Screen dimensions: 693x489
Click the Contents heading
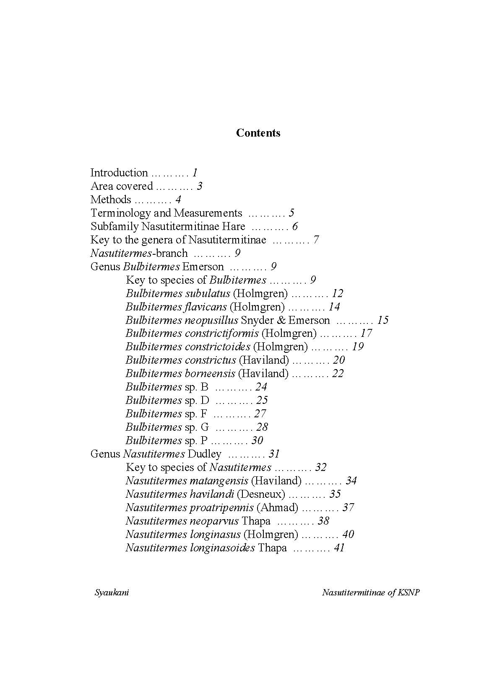[x=258, y=133]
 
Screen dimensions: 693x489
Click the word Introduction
[x=119, y=173]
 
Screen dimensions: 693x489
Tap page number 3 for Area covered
[x=200, y=186]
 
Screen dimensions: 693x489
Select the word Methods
[x=111, y=199]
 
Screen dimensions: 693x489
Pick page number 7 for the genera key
[x=316, y=240]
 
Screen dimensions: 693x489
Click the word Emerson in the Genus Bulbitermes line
[x=203, y=266]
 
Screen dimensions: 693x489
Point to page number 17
[x=366, y=333]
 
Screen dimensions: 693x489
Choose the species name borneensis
[x=210, y=373]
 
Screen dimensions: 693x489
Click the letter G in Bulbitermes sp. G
[x=205, y=427]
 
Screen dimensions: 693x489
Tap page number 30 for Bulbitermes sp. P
[x=257, y=440]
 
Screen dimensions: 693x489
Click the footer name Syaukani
[x=112, y=592]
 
